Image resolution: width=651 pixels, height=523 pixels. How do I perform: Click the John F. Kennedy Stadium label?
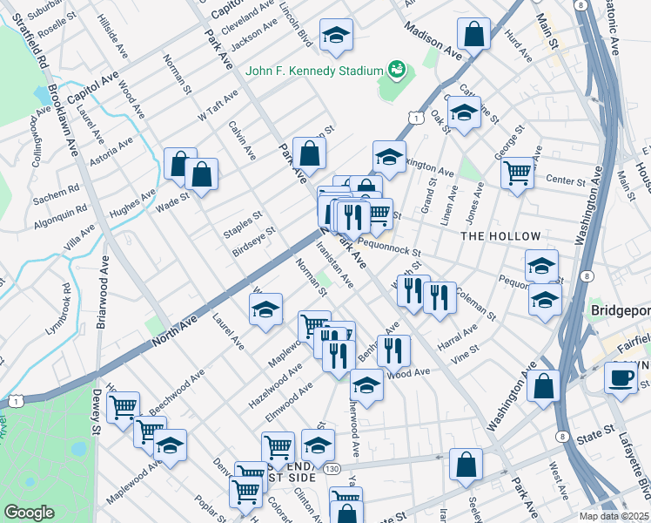click(x=315, y=71)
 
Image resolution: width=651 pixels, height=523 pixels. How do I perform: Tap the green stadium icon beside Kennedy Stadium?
click(x=397, y=68)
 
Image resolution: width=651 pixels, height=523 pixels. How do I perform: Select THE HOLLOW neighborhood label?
click(x=500, y=236)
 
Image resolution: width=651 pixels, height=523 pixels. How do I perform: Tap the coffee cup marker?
click(x=621, y=377)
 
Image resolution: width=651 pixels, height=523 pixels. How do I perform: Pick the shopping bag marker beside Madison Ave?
click(x=473, y=36)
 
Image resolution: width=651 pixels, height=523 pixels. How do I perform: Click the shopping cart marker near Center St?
click(x=517, y=173)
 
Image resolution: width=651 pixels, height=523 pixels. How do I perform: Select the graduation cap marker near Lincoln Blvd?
click(x=336, y=36)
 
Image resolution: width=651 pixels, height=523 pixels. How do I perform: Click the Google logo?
click(x=29, y=513)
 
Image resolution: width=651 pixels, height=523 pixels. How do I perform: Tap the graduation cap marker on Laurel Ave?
click(x=266, y=309)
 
